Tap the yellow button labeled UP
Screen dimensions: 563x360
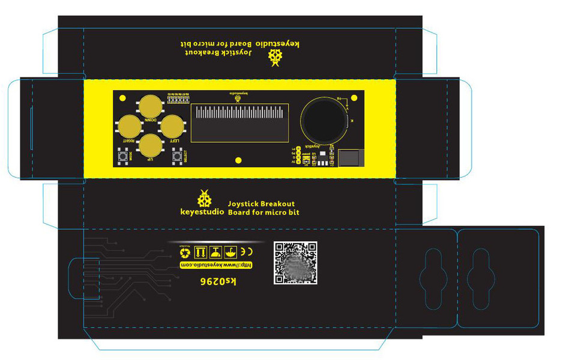[150, 146]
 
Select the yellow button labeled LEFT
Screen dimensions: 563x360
[173, 126]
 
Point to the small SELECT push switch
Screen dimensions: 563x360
[177, 157]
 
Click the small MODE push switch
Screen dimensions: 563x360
[125, 157]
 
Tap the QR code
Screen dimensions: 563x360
[295, 262]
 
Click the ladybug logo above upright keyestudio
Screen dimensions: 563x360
[205, 198]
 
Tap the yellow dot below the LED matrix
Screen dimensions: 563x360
[238, 160]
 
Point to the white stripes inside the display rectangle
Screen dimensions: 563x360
[239, 114]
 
